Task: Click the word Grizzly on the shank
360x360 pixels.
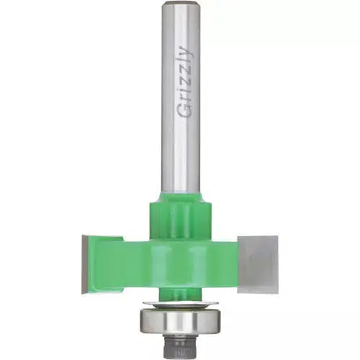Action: (x=184, y=82)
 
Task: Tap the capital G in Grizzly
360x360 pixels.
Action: (x=184, y=111)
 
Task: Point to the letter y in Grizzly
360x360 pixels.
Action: (x=185, y=50)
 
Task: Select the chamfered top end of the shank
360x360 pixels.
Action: (x=181, y=4)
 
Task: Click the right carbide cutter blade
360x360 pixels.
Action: (x=258, y=264)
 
